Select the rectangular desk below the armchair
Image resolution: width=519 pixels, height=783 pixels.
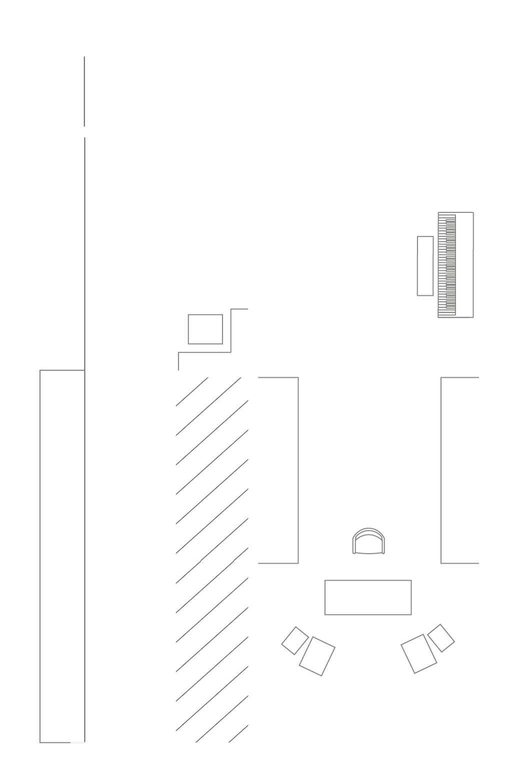point(368,597)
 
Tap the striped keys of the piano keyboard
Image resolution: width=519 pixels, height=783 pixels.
point(447,265)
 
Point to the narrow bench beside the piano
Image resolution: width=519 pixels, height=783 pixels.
point(425,266)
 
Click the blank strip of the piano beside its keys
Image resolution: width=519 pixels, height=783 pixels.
point(465,265)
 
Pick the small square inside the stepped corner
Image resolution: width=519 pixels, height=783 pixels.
point(205,329)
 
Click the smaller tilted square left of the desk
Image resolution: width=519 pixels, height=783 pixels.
point(295,640)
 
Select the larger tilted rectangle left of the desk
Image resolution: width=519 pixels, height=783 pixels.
point(317,656)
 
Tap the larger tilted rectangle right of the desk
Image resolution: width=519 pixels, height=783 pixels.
point(419,654)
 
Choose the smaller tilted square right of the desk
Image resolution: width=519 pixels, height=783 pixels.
point(441,638)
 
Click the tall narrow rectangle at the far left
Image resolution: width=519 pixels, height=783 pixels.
point(62,556)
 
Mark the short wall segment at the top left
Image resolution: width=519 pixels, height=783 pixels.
point(84,91)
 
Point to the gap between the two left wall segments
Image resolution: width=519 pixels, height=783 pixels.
point(84,132)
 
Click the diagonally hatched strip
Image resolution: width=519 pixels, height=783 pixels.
point(212,560)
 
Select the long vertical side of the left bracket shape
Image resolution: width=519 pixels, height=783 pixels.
point(298,470)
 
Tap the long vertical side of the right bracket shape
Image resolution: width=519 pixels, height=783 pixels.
point(441,470)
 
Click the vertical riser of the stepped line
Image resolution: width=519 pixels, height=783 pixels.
point(230,330)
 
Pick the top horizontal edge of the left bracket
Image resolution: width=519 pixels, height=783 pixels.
point(278,378)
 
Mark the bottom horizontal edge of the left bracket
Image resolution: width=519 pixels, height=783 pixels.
point(278,563)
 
